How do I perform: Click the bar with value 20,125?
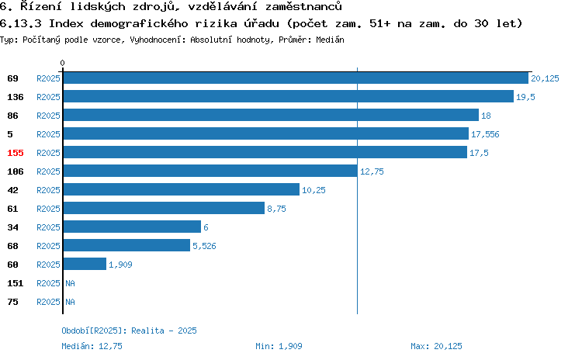coord(296,78)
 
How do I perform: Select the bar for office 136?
coord(289,96)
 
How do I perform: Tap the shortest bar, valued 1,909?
coord(85,265)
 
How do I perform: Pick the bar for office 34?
coord(132,227)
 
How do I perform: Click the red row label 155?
coord(16,153)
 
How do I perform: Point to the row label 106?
coord(16,171)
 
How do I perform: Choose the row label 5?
coord(10,134)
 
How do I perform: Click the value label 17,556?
coord(485,134)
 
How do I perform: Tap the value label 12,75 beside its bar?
coord(372,171)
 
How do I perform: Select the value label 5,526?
coord(204,246)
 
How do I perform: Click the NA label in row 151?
coord(70,283)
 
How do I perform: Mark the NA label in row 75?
coord(70,302)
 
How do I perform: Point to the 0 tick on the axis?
coord(62,63)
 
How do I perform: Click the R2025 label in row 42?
coord(48,190)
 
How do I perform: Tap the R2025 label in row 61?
coord(48,209)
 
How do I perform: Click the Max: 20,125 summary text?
coord(436,346)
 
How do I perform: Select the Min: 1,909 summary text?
coord(279,346)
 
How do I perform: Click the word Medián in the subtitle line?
coord(330,40)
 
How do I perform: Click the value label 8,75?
coord(276,209)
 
